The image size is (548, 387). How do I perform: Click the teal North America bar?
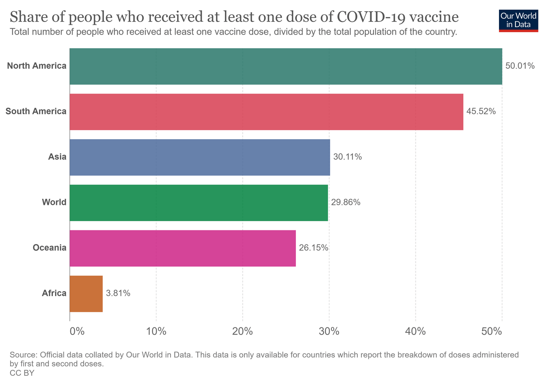coord(286,66)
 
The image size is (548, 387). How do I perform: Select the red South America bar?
coord(266,112)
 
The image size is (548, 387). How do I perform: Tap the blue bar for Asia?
coord(200,157)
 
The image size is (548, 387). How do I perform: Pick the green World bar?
coord(199,203)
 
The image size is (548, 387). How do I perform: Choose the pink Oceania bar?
coord(183,248)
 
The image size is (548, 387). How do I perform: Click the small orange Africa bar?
coord(86,294)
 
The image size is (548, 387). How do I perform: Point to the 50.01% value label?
coord(520,66)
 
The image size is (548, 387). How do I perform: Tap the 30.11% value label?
coord(347,157)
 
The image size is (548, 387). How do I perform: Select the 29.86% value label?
coord(346,202)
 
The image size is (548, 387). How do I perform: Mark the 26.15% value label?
coord(313,248)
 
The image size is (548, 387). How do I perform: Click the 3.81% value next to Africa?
coord(118,293)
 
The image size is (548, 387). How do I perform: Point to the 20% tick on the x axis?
coord(242,331)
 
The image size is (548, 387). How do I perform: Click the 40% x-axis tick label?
coord(415,331)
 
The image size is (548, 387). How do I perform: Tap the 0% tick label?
coord(77,331)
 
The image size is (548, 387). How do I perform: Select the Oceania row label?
coord(49,248)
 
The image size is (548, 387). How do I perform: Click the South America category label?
coord(36,111)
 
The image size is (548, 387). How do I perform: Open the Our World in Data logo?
coord(518,20)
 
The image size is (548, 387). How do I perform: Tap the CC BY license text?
coord(22,373)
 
